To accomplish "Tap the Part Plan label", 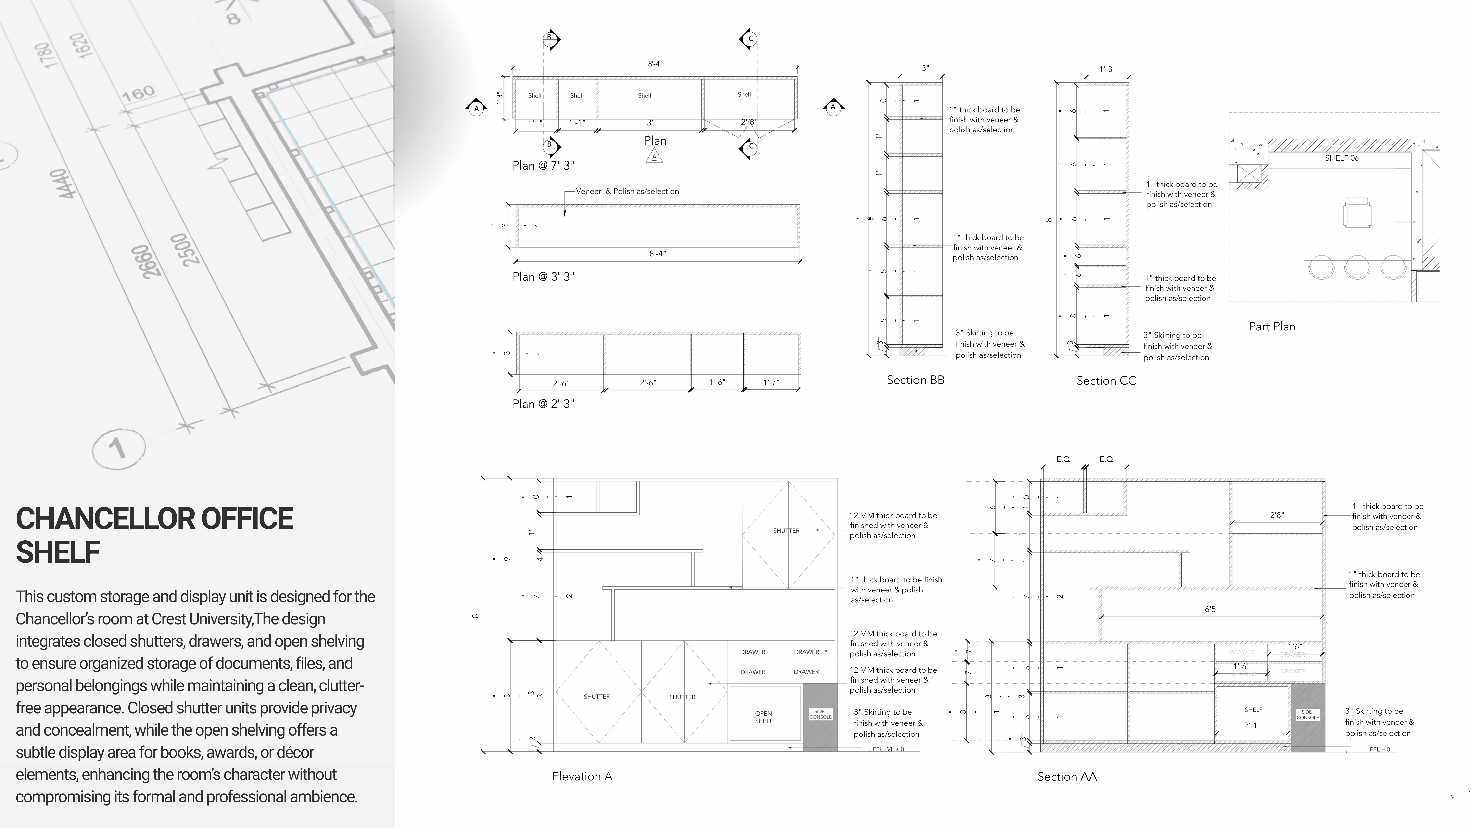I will pyautogui.click(x=1272, y=326).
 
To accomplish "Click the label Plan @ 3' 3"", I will pyautogui.click(x=543, y=276).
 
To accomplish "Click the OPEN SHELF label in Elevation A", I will pyautogui.click(x=763, y=717).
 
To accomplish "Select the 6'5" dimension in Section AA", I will pyautogui.click(x=1211, y=609).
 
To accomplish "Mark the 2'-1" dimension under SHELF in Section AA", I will pyautogui.click(x=1252, y=725).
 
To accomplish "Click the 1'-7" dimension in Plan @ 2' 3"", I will pyautogui.click(x=771, y=382).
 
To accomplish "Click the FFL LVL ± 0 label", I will pyautogui.click(x=888, y=749).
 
